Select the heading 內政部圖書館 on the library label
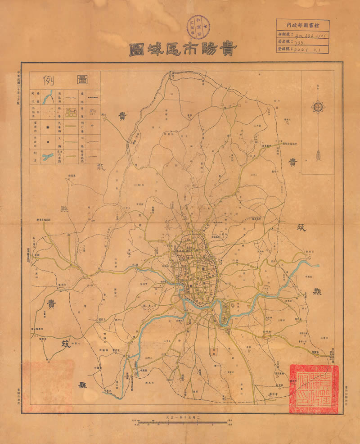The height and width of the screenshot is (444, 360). click(302, 26)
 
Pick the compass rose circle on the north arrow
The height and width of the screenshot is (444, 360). click(318, 107)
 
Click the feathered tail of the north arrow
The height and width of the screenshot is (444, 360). click(318, 155)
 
